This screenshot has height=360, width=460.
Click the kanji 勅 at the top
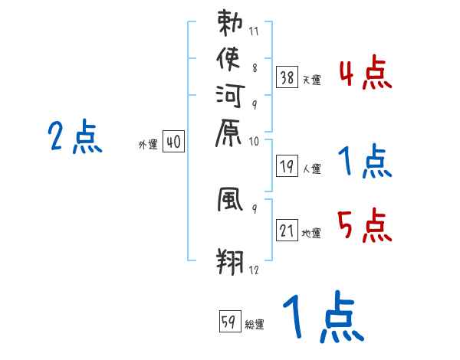(x=230, y=23)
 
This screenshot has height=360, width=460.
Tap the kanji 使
(x=230, y=59)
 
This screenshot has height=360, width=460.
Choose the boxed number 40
(x=173, y=141)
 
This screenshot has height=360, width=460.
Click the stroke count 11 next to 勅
(x=254, y=33)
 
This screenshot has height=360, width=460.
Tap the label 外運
(x=148, y=144)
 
